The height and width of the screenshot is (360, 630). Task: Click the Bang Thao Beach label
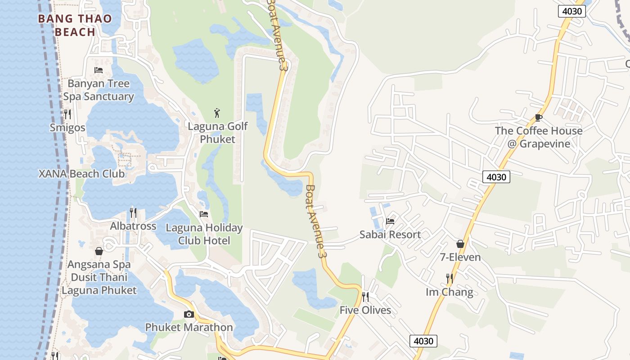pos(75,25)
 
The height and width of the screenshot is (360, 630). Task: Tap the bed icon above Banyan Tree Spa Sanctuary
pos(99,70)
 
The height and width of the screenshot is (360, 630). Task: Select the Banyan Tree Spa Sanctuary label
pos(99,90)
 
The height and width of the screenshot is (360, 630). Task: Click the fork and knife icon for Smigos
pos(67,114)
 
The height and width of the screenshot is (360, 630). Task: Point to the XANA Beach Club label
pos(81,174)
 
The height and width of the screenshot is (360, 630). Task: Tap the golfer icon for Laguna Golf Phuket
pos(217,112)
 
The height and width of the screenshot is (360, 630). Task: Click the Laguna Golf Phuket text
pos(218,133)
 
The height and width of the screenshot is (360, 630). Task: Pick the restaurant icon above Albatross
pos(133,212)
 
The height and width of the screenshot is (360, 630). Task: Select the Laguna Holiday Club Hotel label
pos(204,234)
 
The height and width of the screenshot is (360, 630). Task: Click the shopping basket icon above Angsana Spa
pos(99,251)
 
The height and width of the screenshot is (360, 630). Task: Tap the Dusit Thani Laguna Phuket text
pos(99,283)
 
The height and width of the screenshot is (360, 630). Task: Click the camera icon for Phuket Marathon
pos(189,314)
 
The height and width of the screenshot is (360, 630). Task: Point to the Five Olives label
pos(365,310)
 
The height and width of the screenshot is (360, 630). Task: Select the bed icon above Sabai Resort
pos(390,221)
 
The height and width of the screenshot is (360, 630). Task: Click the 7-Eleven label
pos(460,257)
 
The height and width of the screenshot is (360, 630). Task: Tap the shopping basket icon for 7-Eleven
pos(460,244)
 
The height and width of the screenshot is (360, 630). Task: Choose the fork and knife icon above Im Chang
pos(449,279)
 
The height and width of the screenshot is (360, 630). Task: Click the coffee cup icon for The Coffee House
pos(539,117)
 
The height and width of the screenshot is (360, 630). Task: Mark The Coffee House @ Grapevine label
pos(539,137)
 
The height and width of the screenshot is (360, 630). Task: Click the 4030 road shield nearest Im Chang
pos(423,341)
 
